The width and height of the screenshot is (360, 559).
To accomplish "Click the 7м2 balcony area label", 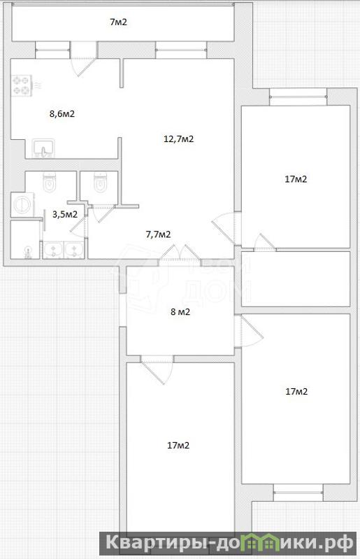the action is [118, 22].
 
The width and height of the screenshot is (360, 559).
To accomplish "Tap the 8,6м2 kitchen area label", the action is [62, 114].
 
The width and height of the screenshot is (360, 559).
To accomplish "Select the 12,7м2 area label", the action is [178, 139].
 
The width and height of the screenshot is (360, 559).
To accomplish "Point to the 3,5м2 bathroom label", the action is [65, 214].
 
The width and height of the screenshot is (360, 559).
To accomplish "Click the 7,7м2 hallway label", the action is [158, 234].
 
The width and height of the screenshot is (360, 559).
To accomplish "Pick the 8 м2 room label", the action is [180, 312].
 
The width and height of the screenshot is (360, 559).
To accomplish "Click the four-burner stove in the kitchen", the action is [21, 85].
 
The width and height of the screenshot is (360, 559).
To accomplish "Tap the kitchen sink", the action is [43, 148].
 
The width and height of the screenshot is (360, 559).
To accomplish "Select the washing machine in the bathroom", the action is [22, 204].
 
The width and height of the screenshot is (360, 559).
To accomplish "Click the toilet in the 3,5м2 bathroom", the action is [50, 182].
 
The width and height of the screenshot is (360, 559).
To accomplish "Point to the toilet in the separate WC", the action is [101, 182].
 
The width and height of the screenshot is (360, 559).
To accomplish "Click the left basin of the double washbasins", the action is [53, 250].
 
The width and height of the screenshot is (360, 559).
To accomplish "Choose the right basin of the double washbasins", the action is [73, 250].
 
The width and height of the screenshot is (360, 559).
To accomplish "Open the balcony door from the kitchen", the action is [84, 59].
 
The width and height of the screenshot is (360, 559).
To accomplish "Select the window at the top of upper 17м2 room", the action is [298, 97].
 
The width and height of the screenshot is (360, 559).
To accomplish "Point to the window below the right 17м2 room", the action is [298, 493].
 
